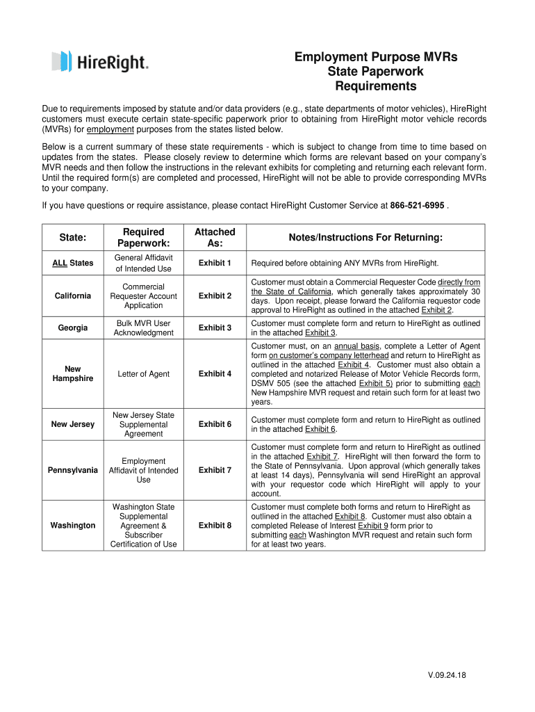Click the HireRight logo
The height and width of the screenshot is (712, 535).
click(x=99, y=62)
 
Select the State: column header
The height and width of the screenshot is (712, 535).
click(x=73, y=238)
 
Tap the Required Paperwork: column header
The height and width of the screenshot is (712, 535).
click(x=143, y=237)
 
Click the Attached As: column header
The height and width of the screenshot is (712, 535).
click(x=215, y=237)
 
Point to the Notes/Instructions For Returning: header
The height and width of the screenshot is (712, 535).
click(x=365, y=238)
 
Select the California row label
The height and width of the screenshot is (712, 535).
click(x=73, y=296)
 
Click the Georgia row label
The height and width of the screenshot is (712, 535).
click(x=73, y=327)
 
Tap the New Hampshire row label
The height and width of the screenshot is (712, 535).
click(x=73, y=373)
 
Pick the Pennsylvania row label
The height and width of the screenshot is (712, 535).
click(x=73, y=471)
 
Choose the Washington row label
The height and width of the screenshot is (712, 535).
click(x=73, y=526)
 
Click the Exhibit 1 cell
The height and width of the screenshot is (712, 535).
click(x=215, y=264)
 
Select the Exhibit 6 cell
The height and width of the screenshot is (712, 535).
click(x=215, y=424)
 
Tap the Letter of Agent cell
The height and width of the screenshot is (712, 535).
click(x=143, y=374)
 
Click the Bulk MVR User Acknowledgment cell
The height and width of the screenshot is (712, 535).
click(x=143, y=327)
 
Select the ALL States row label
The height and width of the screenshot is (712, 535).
click(x=73, y=264)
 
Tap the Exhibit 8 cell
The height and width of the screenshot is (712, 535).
click(x=215, y=526)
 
